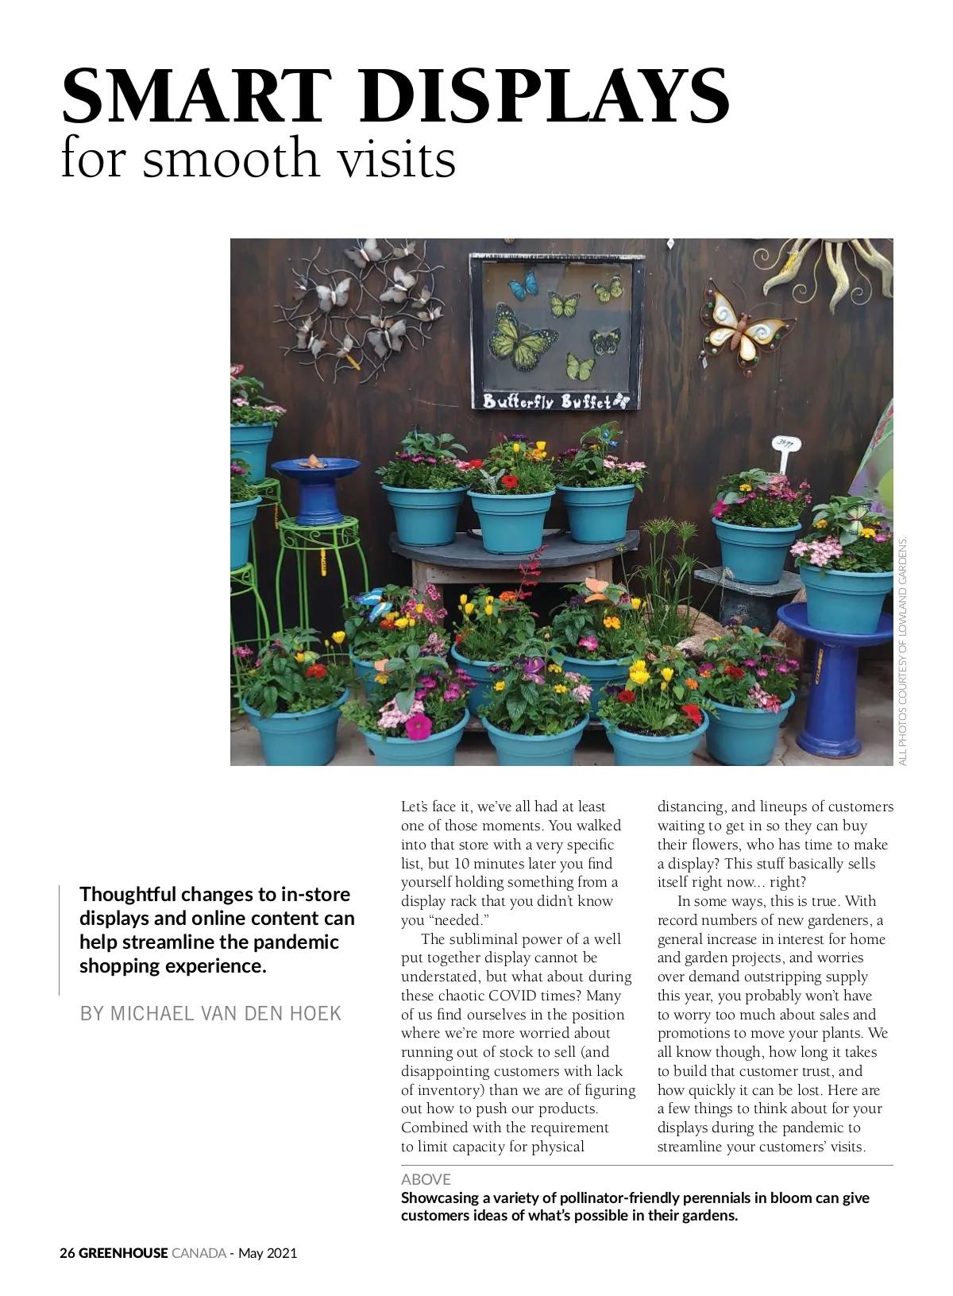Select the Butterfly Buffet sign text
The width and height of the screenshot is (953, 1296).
pos(554,400)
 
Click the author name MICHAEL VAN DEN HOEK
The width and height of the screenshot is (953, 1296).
pos(210,1014)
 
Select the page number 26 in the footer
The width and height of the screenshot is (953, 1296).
pos(67,1253)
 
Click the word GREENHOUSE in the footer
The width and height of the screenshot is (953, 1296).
pos(123,1253)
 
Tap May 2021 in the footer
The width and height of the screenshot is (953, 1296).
pos(268,1253)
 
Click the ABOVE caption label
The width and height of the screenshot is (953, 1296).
pos(426,1179)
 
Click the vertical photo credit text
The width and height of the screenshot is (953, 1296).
pos(902,652)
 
